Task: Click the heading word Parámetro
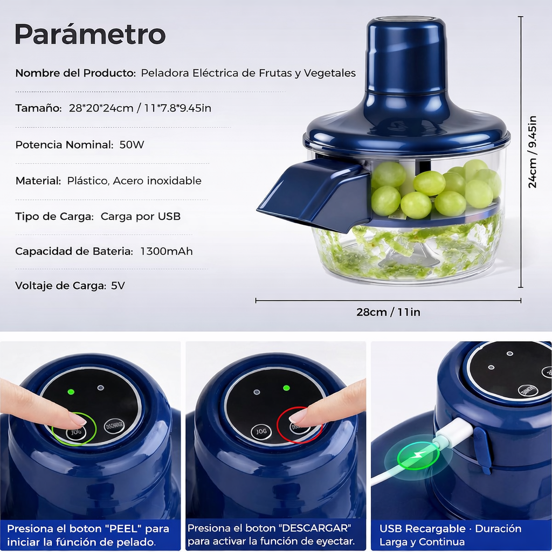[x=90, y=34]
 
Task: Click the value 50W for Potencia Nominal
[x=132, y=144]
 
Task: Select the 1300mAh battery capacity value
[x=167, y=251]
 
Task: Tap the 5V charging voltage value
[x=118, y=286]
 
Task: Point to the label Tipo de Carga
[x=54, y=216]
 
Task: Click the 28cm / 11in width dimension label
[x=388, y=312]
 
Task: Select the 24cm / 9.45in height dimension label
[x=532, y=151]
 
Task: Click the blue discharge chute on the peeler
[x=313, y=194]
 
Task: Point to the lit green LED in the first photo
[x=71, y=392]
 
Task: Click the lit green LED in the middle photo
[x=286, y=388]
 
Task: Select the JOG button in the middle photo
[x=261, y=432]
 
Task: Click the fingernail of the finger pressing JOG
[x=78, y=419]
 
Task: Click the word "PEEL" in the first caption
[x=121, y=528]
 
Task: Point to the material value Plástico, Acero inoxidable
[x=134, y=181]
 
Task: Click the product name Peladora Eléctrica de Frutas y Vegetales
[x=248, y=73]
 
